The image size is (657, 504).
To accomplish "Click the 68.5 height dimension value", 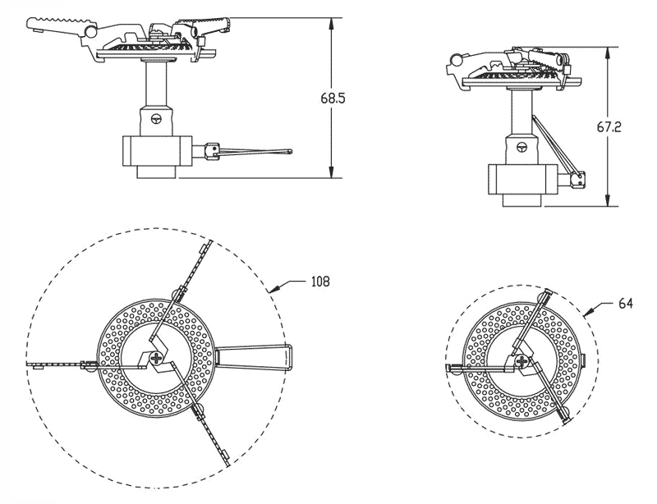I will tap(333, 98).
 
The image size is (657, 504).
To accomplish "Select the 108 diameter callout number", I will tap(320, 281).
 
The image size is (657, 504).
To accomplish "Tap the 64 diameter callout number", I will tap(626, 303).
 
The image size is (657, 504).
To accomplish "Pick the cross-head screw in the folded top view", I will tap(521, 359).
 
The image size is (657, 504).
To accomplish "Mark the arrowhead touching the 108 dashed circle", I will tap(272, 289).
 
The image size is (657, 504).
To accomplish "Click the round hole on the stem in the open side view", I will tap(157, 117).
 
